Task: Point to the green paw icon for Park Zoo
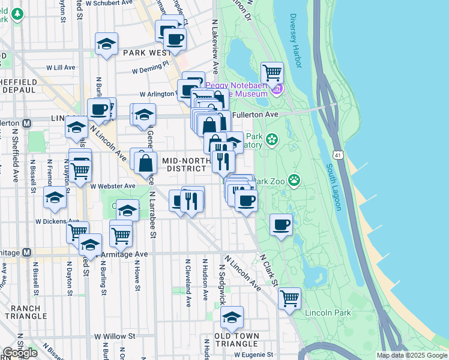coord(294,179)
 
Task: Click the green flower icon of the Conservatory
coord(272,140)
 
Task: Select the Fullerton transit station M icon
coord(26,123)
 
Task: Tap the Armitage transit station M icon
coord(26,253)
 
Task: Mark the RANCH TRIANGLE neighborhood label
coord(25,312)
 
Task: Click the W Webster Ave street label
coord(113,187)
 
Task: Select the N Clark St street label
coord(270,269)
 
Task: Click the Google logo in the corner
coord(20,353)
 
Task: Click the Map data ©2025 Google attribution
coord(411,355)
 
